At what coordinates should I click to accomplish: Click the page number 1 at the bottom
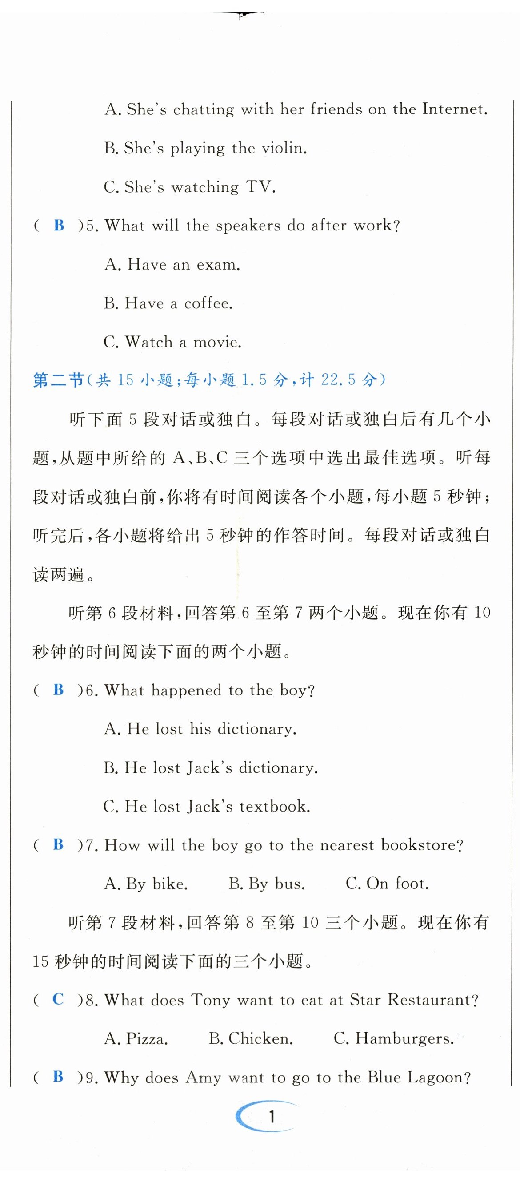(x=272, y=1116)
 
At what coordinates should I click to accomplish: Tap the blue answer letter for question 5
(x=59, y=226)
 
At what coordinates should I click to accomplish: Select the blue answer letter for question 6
(x=58, y=690)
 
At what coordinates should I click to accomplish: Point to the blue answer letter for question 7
(x=58, y=844)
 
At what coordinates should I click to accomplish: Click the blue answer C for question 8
(x=58, y=999)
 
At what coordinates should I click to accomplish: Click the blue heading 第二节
(x=58, y=380)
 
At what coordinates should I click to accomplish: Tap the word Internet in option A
(x=454, y=109)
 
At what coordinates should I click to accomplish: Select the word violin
(x=284, y=148)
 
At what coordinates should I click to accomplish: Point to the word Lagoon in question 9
(x=438, y=1078)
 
